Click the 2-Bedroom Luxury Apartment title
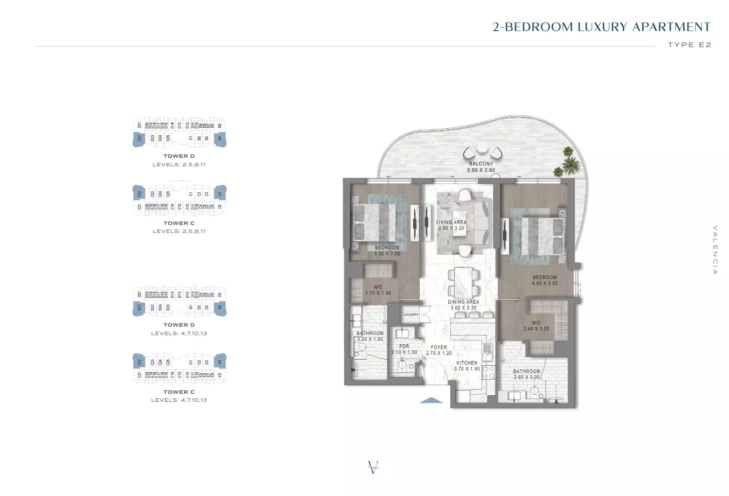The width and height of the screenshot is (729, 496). [601, 27]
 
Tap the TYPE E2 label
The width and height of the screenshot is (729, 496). [689, 45]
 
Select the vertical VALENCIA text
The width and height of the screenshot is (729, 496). [715, 250]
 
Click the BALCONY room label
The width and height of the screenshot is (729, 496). [481, 164]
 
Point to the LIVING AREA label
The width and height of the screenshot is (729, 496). [451, 222]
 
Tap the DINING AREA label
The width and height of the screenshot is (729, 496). [463, 302]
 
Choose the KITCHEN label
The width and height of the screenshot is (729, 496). [467, 363]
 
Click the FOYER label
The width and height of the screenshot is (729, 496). [439, 347]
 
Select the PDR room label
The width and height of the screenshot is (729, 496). [404, 346]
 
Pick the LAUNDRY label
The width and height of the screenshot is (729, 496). [411, 315]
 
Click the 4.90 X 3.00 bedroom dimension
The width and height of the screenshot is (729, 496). [544, 284]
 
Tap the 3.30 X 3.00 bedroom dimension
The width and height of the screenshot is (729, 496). [387, 254]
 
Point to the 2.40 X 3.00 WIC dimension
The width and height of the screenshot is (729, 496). [536, 329]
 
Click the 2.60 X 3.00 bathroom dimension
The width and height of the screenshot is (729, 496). [526, 377]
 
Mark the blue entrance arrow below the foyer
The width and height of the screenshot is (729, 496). [431, 400]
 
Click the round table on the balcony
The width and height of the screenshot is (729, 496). [482, 147]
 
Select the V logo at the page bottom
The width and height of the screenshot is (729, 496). [373, 467]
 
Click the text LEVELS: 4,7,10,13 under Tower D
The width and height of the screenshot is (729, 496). [179, 333]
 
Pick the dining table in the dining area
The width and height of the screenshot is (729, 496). [463, 282]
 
